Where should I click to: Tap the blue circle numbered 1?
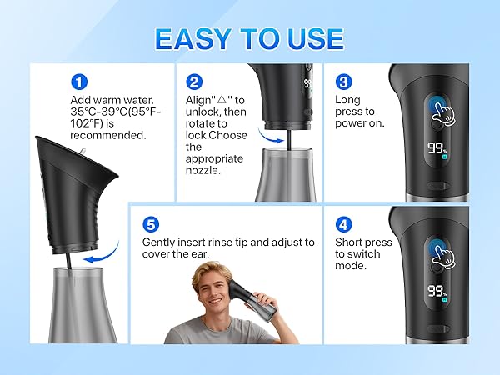coord(79,82)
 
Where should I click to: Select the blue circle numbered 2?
coord(194,82)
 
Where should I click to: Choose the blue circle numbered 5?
coord(149,224)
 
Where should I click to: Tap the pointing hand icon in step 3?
coord(441,115)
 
